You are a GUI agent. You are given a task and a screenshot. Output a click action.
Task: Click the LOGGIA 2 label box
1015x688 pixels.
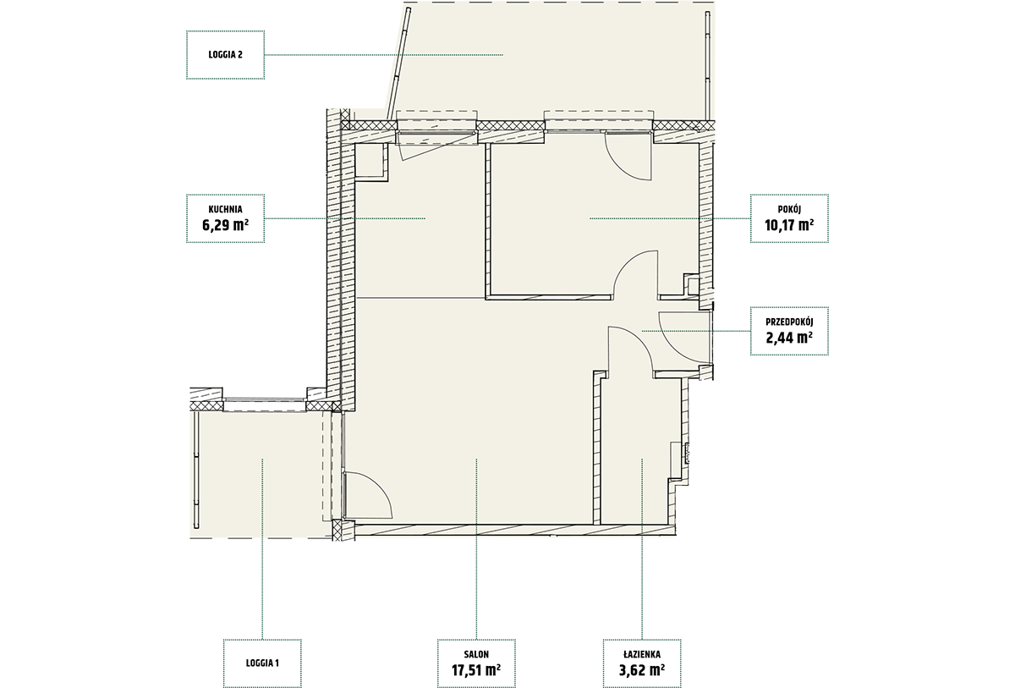tap(225, 55)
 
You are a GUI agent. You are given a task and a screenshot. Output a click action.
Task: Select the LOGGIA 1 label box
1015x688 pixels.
tap(262, 663)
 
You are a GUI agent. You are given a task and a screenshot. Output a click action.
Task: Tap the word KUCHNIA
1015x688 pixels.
tap(225, 209)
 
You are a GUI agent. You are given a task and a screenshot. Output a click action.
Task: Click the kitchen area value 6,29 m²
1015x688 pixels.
tap(225, 225)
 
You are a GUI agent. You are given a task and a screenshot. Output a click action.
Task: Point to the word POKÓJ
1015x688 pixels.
tap(789, 209)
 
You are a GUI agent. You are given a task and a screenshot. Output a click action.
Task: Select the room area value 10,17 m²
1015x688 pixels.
tap(789, 225)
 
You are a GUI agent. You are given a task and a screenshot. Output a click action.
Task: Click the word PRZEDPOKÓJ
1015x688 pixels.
tap(789, 322)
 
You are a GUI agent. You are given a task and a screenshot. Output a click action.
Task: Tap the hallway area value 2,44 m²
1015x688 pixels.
tap(789, 338)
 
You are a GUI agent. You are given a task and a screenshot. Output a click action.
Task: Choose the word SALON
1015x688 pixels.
tap(476, 654)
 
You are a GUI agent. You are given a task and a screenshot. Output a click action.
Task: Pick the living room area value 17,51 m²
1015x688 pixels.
tap(476, 670)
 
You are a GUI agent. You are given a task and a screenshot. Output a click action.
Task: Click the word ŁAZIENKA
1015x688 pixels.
tap(642, 654)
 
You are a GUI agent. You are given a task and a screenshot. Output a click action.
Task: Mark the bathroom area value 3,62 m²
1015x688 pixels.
tap(642, 670)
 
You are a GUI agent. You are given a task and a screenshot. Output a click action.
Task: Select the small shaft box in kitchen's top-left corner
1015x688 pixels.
tap(370, 162)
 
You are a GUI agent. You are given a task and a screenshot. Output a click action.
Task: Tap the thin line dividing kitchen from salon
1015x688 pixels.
tap(421, 298)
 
